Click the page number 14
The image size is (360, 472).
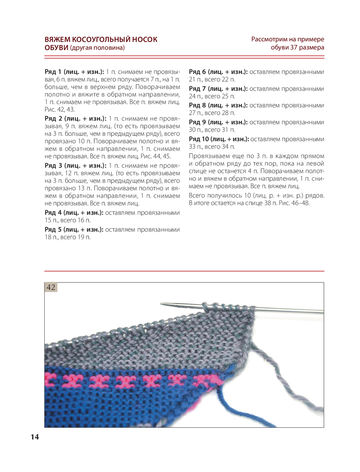click(x=35, y=437)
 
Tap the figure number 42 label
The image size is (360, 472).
click(x=51, y=287)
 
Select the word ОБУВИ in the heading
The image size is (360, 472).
click(x=56, y=48)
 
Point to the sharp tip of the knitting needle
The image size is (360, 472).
click(x=162, y=304)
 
